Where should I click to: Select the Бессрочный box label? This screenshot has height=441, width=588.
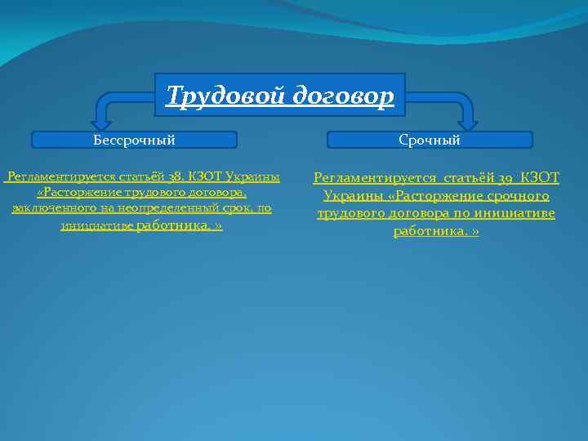point(134,140)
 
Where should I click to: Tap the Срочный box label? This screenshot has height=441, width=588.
point(430,140)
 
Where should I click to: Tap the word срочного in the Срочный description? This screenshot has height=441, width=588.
point(518,196)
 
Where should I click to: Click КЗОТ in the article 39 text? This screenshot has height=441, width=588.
point(540,177)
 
